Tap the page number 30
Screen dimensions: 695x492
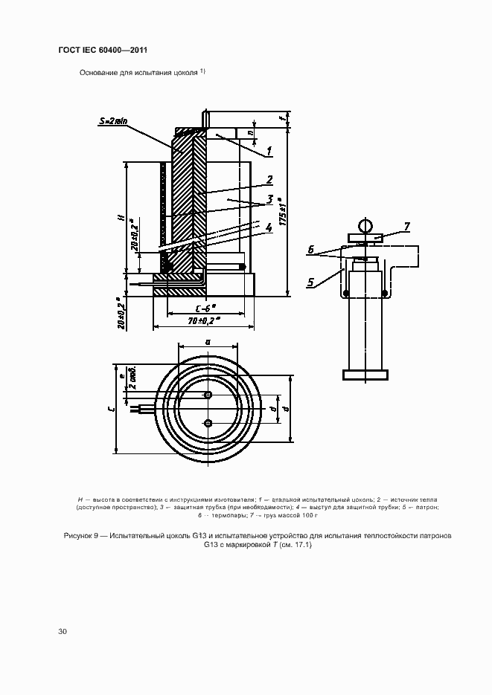tap(63, 631)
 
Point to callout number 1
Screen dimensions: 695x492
tap(269, 151)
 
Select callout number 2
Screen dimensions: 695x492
tap(269, 179)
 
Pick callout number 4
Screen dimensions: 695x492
tap(269, 227)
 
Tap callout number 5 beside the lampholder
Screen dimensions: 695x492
tap(310, 280)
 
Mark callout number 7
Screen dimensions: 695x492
tap(406, 225)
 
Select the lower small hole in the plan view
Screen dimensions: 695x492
tap(208, 423)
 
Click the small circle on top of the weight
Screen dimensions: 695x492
tap(365, 225)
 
